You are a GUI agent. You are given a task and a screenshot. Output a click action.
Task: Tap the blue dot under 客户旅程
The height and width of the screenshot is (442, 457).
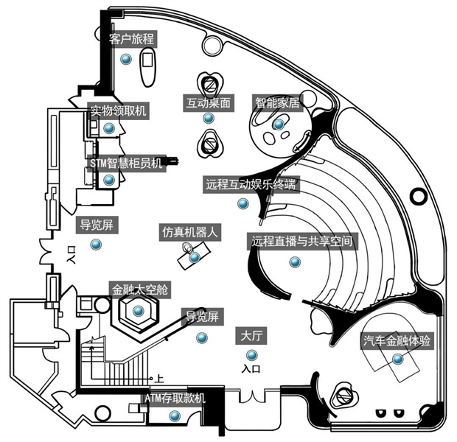pyautogui.click(x=126, y=60)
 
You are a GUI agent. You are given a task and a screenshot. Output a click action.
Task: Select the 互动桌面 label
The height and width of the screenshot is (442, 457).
pyautogui.click(x=209, y=104)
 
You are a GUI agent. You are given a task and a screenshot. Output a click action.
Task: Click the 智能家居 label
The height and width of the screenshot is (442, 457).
pyautogui.click(x=278, y=102)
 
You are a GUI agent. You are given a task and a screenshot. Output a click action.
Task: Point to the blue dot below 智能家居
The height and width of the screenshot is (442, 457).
pyautogui.click(x=278, y=125)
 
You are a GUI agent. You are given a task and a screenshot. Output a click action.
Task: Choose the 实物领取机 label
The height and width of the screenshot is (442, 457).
pyautogui.click(x=119, y=111)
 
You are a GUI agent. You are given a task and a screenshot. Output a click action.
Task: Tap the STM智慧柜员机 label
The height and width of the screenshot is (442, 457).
pyautogui.click(x=125, y=163)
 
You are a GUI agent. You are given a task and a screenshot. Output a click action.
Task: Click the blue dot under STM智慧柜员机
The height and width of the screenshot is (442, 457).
pyautogui.click(x=109, y=180)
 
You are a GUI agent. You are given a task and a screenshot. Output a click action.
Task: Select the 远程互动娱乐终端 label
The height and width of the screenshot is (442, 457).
pyautogui.click(x=251, y=184)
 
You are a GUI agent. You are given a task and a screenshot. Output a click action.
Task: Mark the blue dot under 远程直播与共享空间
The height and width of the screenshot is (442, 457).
pyautogui.click(x=295, y=262)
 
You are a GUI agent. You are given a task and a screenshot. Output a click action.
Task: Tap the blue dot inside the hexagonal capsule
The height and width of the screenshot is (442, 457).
pyautogui.click(x=137, y=311)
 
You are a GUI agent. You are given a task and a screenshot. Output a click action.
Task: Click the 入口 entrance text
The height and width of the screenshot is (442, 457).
pyautogui.click(x=251, y=368)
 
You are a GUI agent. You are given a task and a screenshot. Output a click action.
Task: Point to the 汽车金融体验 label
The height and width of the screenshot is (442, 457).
pyautogui.click(x=397, y=341)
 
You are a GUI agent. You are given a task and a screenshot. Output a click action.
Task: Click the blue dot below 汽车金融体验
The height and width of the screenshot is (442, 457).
pyautogui.click(x=398, y=359)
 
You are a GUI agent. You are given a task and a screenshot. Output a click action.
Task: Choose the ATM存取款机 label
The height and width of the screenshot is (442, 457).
pyautogui.click(x=175, y=399)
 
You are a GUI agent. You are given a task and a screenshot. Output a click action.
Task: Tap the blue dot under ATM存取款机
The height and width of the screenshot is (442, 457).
pyautogui.click(x=175, y=417)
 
